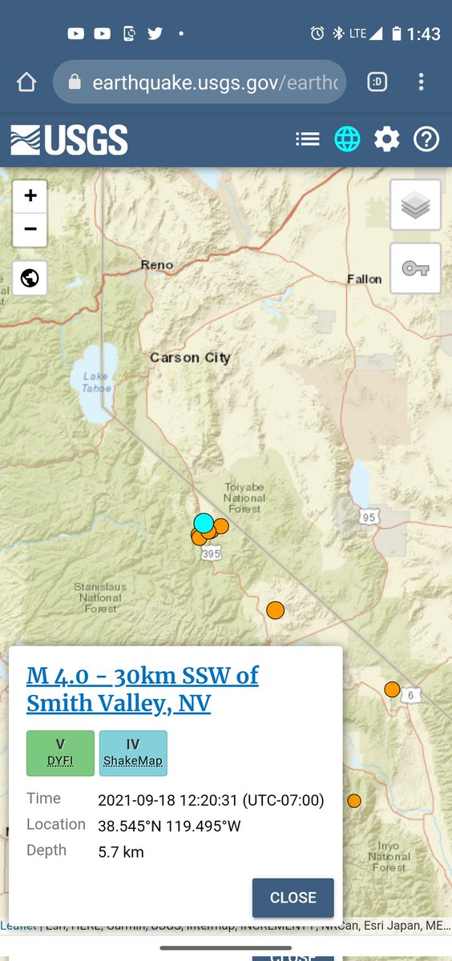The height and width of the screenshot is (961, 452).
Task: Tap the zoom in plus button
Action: [x=30, y=195]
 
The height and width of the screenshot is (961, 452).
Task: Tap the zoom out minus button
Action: [x=30, y=230]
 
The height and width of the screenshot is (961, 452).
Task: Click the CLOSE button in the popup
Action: [x=293, y=897]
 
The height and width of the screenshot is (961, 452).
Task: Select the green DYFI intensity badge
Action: [x=60, y=753]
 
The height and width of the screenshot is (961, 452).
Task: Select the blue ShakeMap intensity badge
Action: [x=133, y=753]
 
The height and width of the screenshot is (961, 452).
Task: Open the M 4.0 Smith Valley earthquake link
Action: [x=143, y=690]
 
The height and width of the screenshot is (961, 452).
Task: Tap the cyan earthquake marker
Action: [x=204, y=523]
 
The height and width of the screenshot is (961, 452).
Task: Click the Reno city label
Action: [x=156, y=265]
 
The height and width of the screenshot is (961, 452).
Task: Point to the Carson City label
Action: [x=190, y=358]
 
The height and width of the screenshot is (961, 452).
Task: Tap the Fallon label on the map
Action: [x=364, y=279]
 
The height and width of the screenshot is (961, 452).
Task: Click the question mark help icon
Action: [x=426, y=139]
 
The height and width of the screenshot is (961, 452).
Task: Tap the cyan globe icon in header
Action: [x=347, y=139]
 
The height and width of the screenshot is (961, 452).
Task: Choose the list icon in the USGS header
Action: [x=307, y=139]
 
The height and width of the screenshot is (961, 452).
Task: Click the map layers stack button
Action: [x=415, y=205]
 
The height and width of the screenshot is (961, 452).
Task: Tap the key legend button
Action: [x=415, y=268]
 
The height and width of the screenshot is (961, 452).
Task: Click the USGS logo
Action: [x=69, y=140]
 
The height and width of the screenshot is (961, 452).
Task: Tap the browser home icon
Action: [x=26, y=82]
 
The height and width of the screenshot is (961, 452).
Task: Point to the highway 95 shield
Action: [x=369, y=517]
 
